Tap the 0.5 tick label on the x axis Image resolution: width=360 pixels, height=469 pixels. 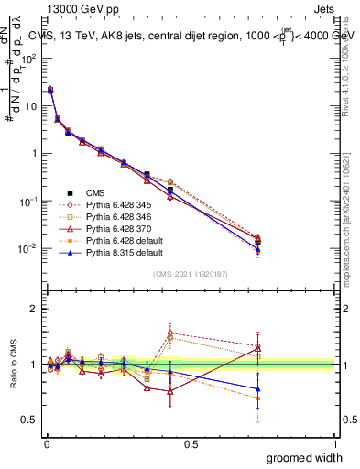pyautogui.click(x=191, y=445)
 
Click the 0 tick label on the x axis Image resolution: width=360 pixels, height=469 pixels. pyautogui.click(x=47, y=445)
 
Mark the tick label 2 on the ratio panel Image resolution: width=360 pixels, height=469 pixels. pyautogui.click(x=32, y=309)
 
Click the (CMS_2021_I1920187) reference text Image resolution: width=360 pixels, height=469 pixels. pyautogui.click(x=191, y=273)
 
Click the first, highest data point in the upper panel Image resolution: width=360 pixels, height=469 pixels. pyautogui.click(x=50, y=90)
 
